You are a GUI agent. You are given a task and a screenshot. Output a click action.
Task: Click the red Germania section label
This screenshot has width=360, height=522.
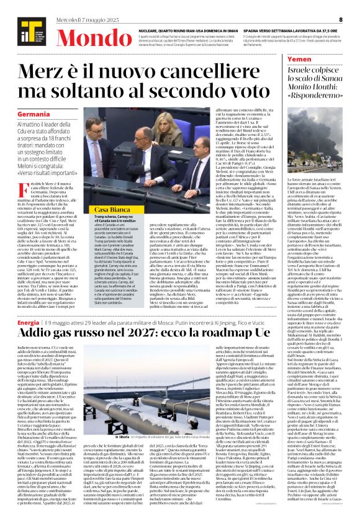click(34, 115)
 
